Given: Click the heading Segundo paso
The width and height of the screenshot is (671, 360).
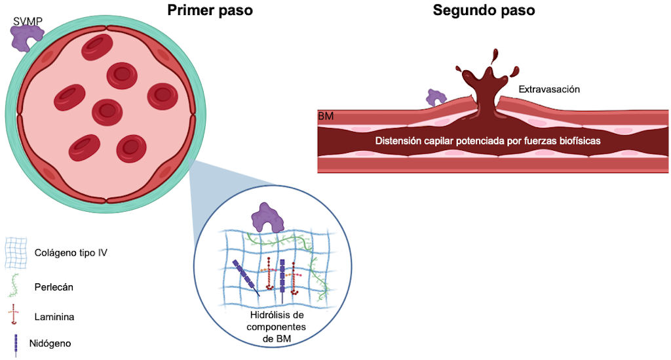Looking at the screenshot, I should coord(484,11).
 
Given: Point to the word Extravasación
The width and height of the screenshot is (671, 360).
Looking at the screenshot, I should coord(549,89).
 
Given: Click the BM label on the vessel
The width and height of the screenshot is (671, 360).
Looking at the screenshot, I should coord(326,116).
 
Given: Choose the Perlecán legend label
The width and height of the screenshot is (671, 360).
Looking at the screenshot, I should coord(52,286).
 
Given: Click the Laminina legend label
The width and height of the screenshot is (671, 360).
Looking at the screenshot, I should coord(54,317).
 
